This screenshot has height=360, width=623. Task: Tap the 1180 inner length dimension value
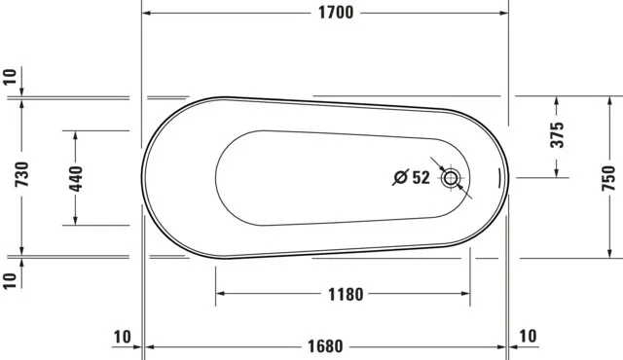(344, 294)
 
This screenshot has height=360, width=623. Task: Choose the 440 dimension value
(76, 177)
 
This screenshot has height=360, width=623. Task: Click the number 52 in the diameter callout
(421, 177)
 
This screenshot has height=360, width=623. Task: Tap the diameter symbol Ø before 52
(399, 177)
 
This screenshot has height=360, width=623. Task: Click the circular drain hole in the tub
(451, 178)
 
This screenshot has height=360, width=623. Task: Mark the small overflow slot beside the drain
(500, 178)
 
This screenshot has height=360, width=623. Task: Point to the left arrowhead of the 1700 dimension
(148, 14)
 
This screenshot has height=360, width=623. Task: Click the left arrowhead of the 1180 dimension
(221, 294)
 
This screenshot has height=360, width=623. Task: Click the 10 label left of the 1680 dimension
(121, 337)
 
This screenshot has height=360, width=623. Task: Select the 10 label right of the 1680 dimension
(527, 337)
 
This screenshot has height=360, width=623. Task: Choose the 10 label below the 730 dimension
(9, 279)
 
